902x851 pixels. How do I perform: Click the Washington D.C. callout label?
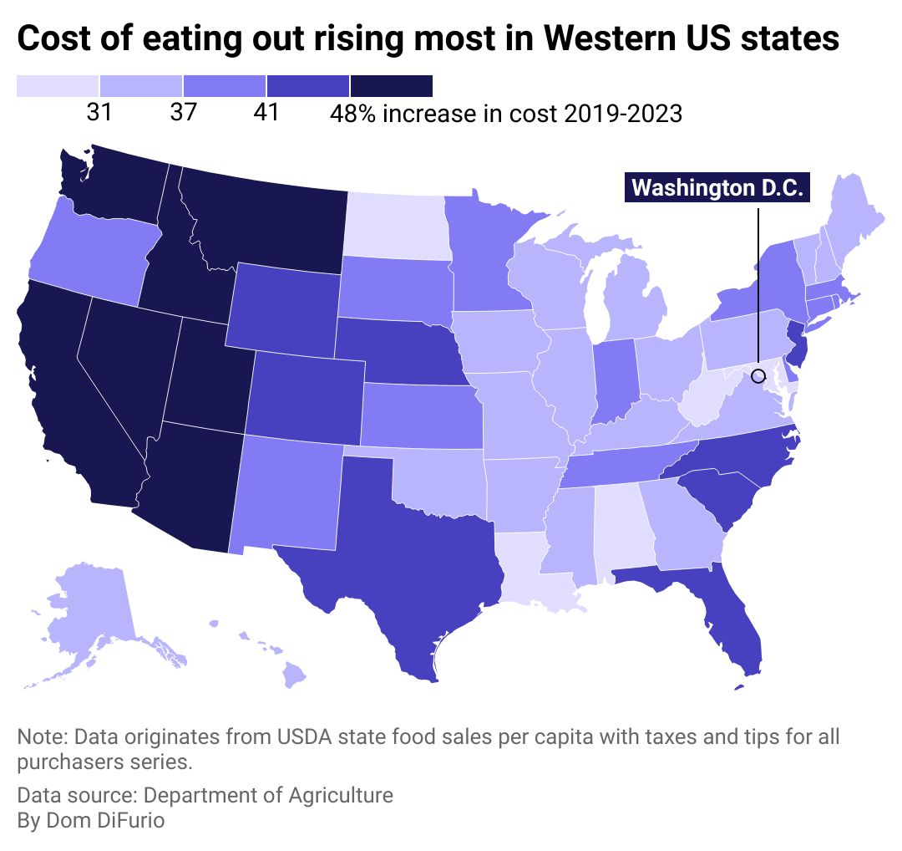717,187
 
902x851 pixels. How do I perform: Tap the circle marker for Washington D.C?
758,375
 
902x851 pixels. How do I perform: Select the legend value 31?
99,112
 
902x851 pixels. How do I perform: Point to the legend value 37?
183,112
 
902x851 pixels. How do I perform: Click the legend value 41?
266,112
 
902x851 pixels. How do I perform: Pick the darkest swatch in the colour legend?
391,86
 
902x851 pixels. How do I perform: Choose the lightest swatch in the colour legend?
58,86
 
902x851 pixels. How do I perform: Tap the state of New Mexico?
288,493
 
